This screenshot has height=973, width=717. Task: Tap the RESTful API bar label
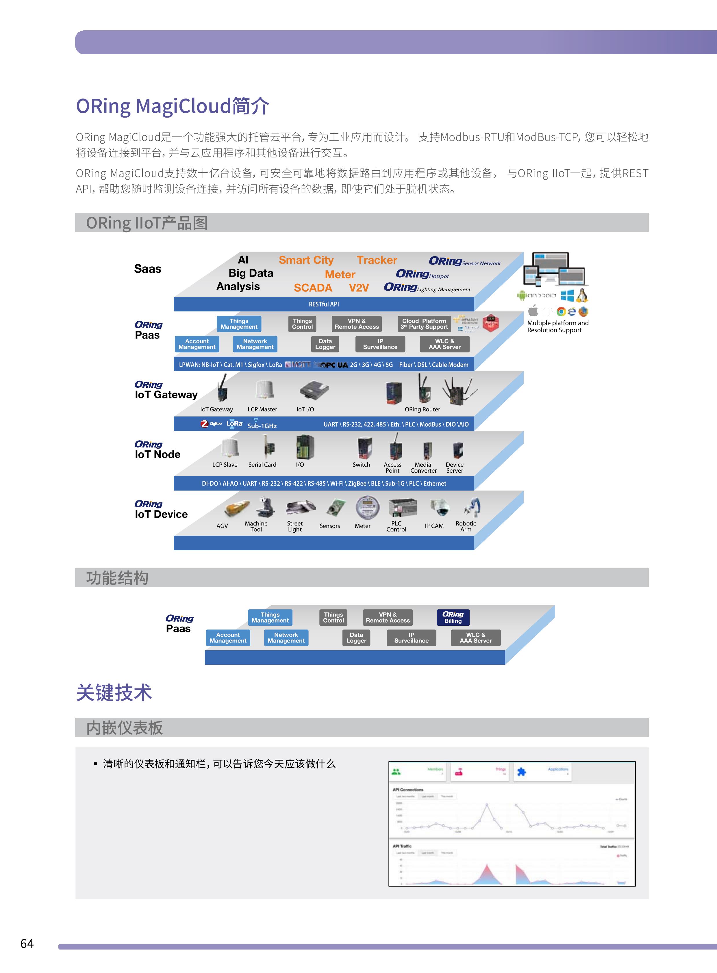pos(324,304)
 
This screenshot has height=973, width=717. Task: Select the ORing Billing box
pos(453,617)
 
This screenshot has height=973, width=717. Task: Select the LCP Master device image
pos(264,389)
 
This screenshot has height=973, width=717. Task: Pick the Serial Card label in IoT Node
pos(262,465)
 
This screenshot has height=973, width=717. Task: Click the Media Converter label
pos(423,468)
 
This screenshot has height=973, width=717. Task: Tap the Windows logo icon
pos(567,296)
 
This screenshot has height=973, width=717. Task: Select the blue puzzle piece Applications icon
pos(522,771)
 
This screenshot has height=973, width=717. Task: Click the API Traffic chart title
pos(402,846)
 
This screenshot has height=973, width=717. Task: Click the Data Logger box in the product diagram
pos(325,344)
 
